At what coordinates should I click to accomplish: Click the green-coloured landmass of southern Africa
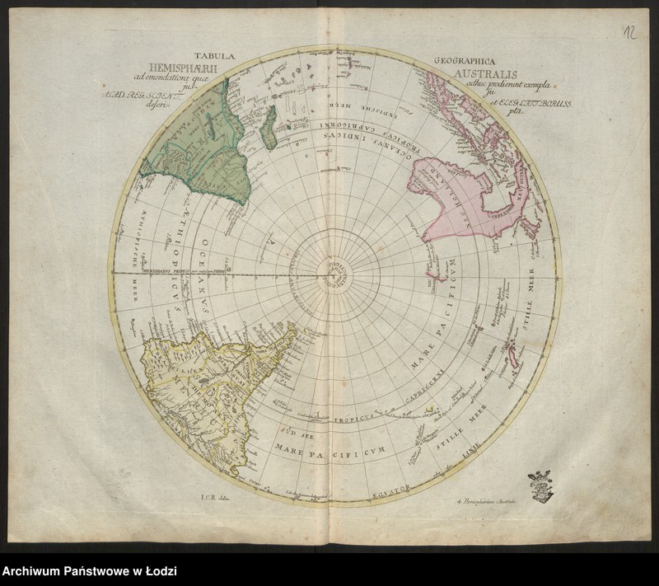pos(202,148)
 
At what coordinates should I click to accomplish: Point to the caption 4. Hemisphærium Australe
pos(488,499)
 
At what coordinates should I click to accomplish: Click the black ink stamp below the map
pos(540,485)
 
